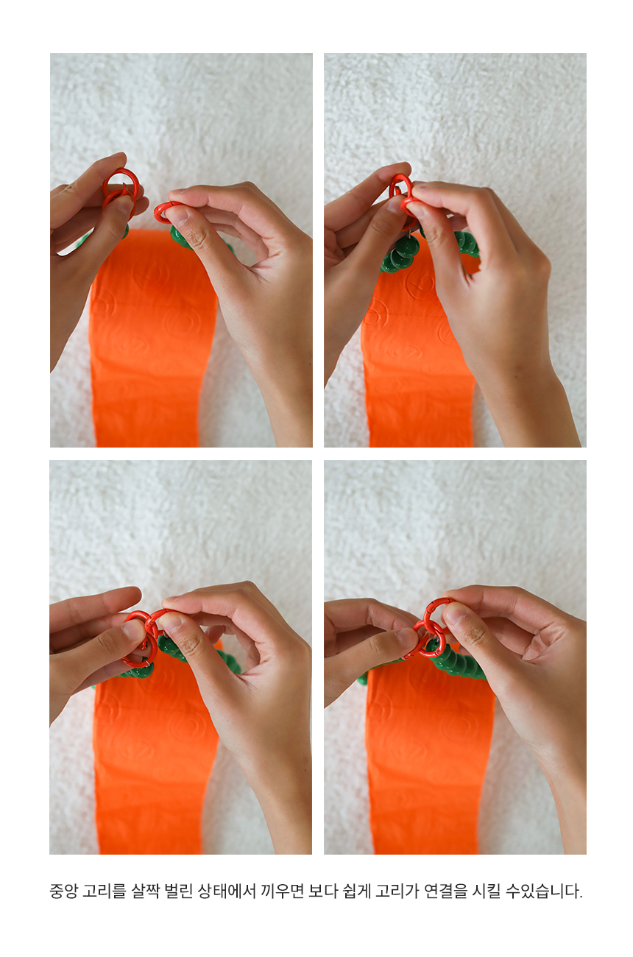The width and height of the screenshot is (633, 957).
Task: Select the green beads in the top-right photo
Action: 401,254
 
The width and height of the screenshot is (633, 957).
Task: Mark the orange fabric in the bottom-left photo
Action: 154,760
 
